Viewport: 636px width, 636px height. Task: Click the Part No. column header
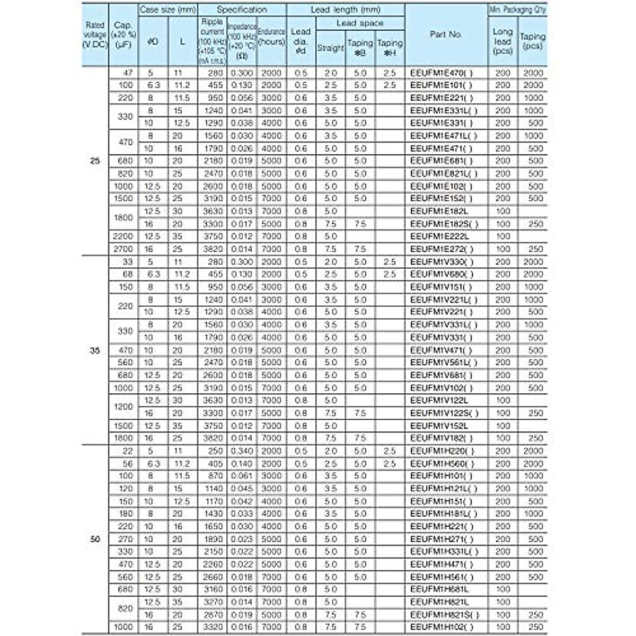446,34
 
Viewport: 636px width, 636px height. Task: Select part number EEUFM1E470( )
441,73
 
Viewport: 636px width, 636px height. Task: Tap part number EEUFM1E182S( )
444,224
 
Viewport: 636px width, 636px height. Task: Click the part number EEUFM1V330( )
441,262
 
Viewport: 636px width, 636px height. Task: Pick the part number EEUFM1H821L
439,602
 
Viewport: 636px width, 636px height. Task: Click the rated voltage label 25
95,161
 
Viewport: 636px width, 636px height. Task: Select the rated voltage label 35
95,350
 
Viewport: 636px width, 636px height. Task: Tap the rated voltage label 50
95,539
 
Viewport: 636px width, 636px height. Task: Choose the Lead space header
360,23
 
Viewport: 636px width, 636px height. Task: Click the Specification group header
242,10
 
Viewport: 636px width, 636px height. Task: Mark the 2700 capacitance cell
123,249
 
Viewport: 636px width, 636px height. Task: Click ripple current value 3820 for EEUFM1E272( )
212,249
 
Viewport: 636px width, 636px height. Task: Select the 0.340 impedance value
242,451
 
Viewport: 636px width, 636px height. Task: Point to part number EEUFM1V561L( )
444,363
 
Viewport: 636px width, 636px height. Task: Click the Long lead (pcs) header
502,41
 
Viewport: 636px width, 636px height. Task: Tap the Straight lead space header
330,48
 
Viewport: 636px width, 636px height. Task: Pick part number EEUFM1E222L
439,236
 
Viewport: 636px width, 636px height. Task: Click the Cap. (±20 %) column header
123,34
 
